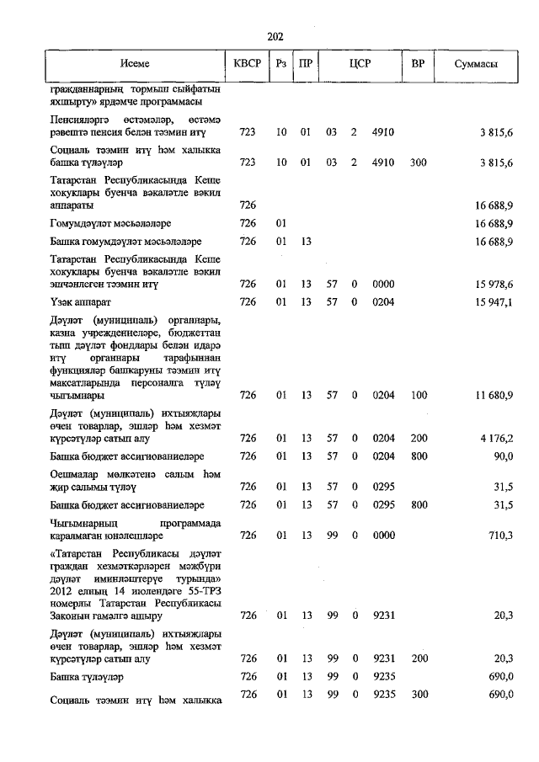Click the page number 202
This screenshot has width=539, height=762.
[x=275, y=36]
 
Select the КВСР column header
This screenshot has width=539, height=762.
[x=248, y=65]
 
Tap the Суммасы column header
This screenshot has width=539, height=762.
[x=474, y=65]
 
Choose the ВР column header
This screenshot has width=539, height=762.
[x=418, y=65]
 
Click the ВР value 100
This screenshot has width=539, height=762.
[x=419, y=394]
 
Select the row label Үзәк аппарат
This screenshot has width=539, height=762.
[x=80, y=301]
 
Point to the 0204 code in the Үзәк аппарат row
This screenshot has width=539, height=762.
[x=383, y=301]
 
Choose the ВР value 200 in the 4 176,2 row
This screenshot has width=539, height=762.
[x=419, y=438]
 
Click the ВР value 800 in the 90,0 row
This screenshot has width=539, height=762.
[x=419, y=456]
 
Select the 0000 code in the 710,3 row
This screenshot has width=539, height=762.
[x=383, y=535]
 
